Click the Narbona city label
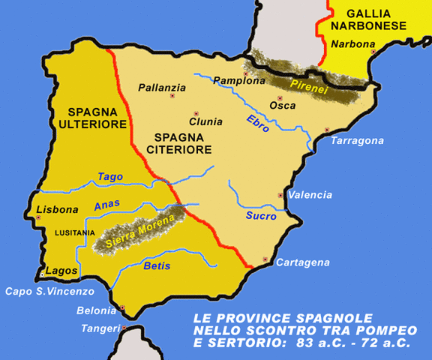[352, 44]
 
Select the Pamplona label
[239, 80]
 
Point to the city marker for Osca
[279, 98]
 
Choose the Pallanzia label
[162, 88]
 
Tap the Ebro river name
[258, 123]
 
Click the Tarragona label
[357, 141]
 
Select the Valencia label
[310, 195]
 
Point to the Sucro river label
[261, 216]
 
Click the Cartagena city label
[302, 262]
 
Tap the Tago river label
[109, 176]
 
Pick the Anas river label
[106, 204]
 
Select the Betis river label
[157, 266]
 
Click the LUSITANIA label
[75, 232]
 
